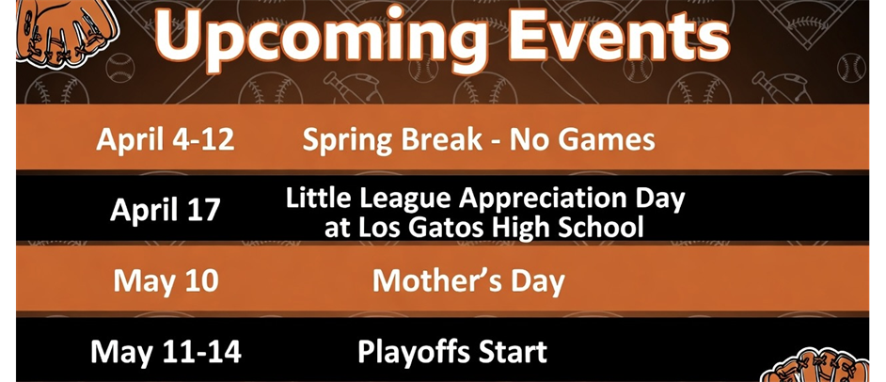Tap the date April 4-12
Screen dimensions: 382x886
click(x=166, y=140)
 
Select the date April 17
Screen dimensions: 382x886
click(x=166, y=210)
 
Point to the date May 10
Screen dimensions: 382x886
click(x=166, y=280)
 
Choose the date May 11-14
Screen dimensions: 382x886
click(x=166, y=353)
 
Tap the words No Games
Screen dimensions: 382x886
click(x=582, y=140)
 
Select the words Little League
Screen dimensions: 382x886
click(x=361, y=199)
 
